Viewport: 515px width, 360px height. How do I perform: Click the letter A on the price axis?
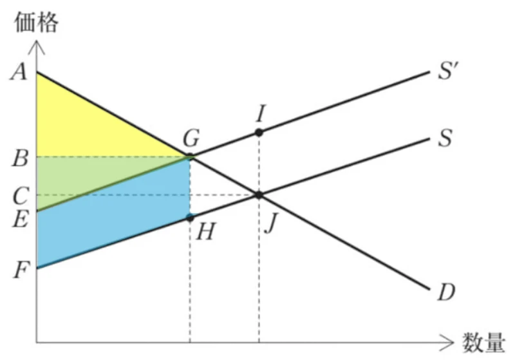point(19,72)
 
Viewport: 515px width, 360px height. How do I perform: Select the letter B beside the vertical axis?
point(20,158)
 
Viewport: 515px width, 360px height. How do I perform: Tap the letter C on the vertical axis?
point(21,196)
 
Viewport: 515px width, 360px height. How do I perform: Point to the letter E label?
point(20,219)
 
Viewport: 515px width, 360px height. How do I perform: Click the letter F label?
point(20,270)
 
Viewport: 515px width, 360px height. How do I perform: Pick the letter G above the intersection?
point(191,138)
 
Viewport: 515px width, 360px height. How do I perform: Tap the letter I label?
point(261,113)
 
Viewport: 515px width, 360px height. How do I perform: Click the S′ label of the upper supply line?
point(448,71)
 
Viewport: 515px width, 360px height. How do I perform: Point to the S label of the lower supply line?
point(445,138)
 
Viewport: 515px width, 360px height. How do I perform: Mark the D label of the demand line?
point(446,292)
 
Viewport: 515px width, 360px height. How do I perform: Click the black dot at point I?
point(259,133)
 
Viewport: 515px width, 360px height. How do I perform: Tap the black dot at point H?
point(190,218)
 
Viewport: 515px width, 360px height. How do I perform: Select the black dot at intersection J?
point(259,195)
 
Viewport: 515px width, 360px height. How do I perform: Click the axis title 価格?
point(37,22)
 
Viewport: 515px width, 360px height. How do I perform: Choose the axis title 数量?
point(483,342)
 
